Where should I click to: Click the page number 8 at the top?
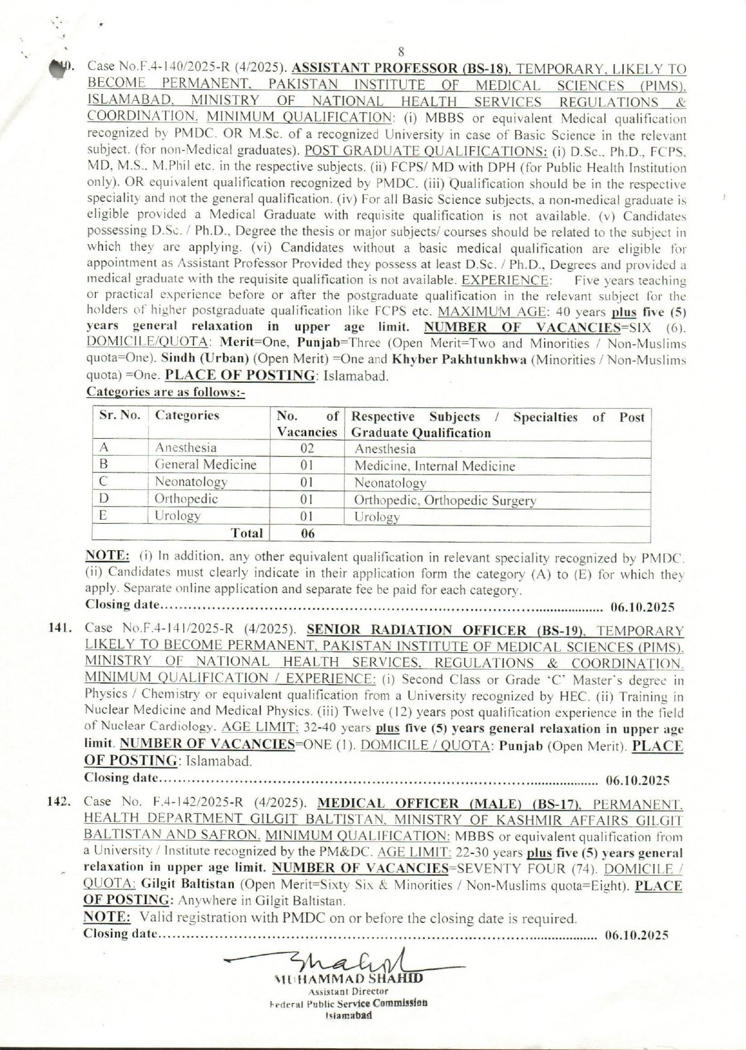[401, 52]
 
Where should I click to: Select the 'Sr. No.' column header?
[119, 416]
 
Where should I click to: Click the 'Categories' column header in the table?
[187, 416]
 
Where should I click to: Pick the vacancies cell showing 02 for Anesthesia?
[307, 448]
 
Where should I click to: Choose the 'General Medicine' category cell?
[205, 465]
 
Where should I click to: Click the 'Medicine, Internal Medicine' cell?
[434, 466]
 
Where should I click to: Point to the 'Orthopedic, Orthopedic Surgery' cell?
[445, 500]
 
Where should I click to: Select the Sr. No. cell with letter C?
[104, 482]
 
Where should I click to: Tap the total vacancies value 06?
[307, 533]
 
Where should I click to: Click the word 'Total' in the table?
[247, 533]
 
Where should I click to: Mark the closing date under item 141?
[638, 781]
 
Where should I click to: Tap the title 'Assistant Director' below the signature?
[348, 991]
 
